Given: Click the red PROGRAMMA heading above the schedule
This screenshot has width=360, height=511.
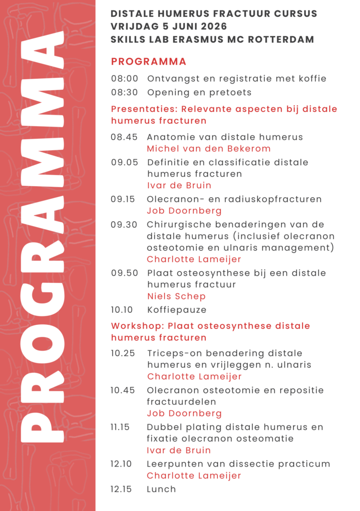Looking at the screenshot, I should click(149, 62).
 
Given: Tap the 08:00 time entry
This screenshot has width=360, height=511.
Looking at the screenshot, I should click(124, 78).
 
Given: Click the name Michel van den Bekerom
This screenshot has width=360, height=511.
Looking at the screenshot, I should click(208, 148).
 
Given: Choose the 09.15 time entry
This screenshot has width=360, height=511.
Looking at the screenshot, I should click(123, 199).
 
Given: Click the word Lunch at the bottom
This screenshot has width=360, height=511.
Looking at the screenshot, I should click(161, 489).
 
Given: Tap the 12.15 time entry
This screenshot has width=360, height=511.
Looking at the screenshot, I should click(121, 489).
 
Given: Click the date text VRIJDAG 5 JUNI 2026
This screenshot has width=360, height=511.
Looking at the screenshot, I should click(169, 26).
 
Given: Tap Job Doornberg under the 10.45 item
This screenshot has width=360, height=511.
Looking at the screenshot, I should click(184, 413).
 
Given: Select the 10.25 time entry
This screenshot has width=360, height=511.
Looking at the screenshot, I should click(123, 353).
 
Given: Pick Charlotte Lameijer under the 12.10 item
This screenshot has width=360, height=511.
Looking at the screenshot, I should click(194, 476).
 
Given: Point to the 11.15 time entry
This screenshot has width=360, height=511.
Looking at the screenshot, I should click(121, 427).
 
